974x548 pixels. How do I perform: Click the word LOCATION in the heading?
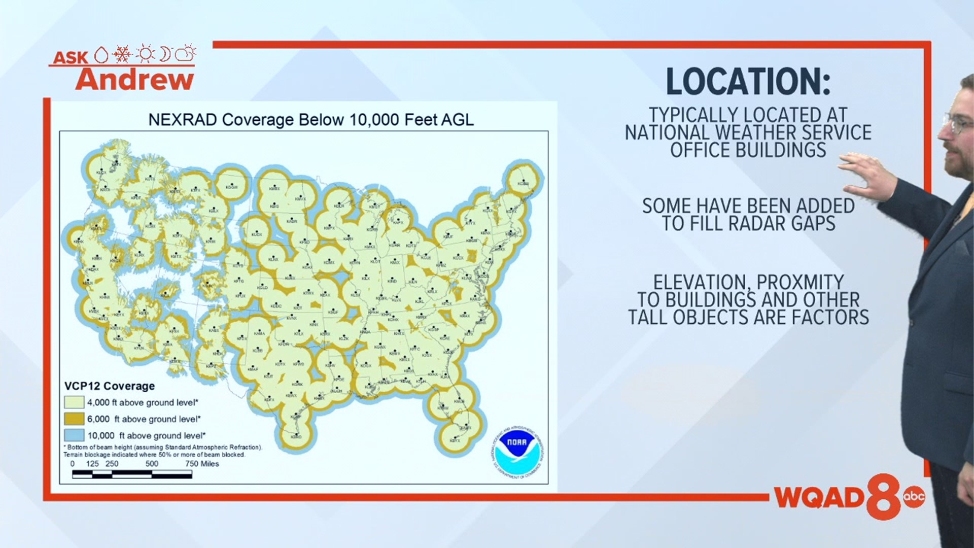[748, 82]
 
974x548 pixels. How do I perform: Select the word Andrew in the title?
[135, 80]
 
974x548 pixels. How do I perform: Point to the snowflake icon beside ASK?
[122, 54]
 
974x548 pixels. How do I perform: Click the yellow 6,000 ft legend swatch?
[74, 419]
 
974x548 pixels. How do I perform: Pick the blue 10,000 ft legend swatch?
[74, 435]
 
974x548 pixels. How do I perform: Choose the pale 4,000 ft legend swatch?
[74, 402]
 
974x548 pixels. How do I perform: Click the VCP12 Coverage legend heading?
[110, 386]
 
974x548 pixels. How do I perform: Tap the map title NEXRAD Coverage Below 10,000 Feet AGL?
[310, 120]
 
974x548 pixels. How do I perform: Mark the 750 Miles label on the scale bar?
[202, 464]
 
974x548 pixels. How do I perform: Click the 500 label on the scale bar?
[152, 464]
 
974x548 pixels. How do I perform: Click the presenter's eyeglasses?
[956, 122]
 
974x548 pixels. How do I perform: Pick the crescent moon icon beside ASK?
[165, 53]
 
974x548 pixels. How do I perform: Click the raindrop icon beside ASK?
[101, 55]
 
